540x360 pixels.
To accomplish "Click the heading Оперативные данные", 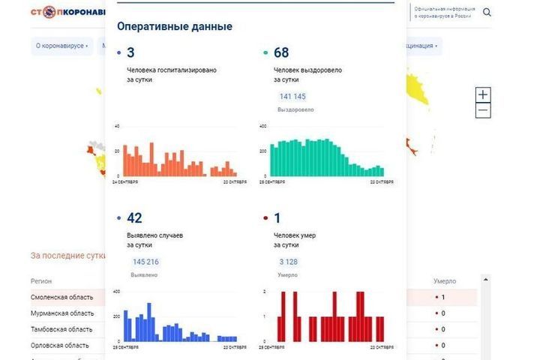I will point(175,26).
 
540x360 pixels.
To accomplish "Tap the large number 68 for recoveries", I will point(281,52).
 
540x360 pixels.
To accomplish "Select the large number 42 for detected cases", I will point(134,218).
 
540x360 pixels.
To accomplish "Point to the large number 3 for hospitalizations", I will point(130,52).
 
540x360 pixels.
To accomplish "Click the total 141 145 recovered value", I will point(292,97).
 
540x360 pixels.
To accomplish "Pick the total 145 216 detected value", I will point(145,262).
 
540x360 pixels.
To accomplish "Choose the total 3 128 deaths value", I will point(288,262).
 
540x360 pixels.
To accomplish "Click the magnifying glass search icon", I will point(487,12).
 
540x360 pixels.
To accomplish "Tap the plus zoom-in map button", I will point(483,94).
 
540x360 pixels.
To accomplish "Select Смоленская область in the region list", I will point(62,298).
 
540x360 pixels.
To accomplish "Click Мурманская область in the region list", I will point(62,313).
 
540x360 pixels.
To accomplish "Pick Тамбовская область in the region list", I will point(61,329).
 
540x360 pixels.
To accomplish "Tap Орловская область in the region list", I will point(59,345).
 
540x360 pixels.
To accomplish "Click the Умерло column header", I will point(445,281).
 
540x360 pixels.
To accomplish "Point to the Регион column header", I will point(41,281).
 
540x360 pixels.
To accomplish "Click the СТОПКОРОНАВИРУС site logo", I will point(67,13).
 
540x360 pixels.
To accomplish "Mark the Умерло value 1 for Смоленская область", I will point(442,298).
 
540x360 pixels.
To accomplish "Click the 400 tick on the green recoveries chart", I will point(263,126).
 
